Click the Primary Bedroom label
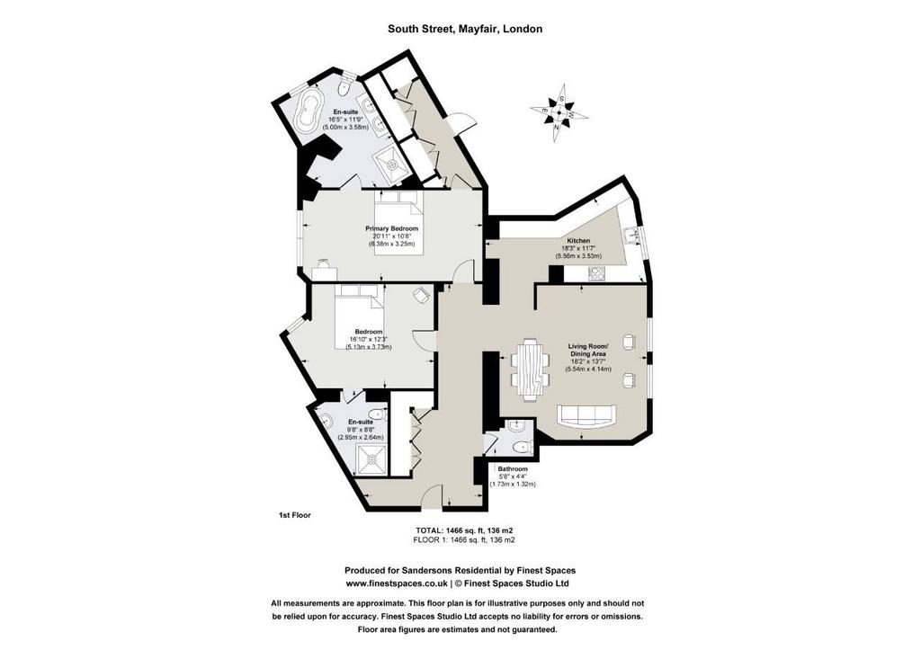tap(392, 228)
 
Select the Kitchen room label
tap(578, 241)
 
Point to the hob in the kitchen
tap(597, 273)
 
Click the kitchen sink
tap(632, 236)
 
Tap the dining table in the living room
tap(531, 370)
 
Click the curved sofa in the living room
tap(586, 415)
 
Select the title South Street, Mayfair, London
tap(465, 29)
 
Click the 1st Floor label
tap(294, 515)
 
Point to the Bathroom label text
tap(513, 469)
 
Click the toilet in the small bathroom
tap(521, 448)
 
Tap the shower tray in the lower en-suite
tap(371, 460)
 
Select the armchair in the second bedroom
tap(422, 295)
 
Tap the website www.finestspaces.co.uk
tap(397, 583)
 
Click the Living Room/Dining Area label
tap(588, 351)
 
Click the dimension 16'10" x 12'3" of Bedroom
tap(368, 340)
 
